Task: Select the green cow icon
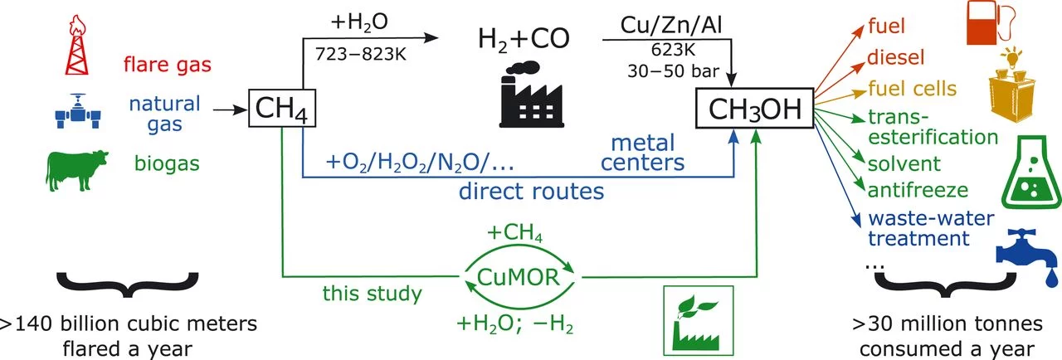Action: (76, 171)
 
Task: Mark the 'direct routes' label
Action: (532, 193)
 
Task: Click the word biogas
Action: (168, 163)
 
